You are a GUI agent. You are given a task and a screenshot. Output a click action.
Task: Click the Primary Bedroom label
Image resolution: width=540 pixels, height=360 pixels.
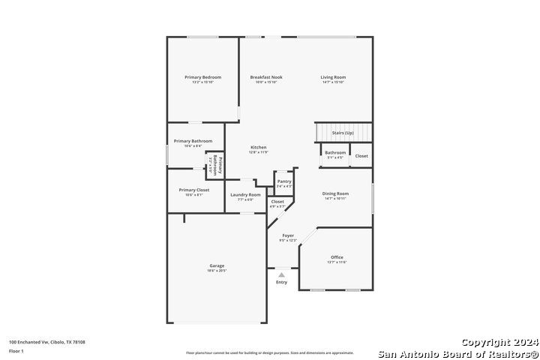click(202, 77)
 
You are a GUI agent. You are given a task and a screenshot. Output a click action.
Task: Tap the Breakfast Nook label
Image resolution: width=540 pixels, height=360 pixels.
click(266, 77)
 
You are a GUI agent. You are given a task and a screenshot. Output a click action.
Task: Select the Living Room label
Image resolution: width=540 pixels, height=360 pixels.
click(333, 77)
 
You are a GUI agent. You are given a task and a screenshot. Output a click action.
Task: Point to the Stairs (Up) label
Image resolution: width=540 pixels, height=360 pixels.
click(343, 133)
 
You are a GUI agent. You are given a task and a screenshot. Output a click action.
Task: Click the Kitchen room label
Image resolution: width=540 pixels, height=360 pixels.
click(258, 147)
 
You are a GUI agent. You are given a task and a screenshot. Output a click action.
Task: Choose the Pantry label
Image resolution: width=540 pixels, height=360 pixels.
click(284, 181)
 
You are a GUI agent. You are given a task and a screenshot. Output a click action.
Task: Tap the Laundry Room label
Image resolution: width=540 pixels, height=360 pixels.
click(246, 195)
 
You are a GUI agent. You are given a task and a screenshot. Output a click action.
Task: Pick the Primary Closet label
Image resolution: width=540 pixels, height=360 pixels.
click(194, 190)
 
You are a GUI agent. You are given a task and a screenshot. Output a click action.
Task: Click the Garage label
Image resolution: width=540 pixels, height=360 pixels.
click(217, 265)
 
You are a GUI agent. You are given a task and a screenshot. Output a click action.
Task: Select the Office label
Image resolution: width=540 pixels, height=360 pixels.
click(337, 257)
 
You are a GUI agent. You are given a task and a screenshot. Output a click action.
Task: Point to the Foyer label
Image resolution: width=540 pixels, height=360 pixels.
click(288, 235)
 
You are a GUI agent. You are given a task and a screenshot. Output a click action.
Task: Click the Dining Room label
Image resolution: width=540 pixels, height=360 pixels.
click(335, 193)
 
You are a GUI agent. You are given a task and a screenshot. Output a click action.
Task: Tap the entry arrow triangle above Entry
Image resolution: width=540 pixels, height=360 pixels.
click(281, 275)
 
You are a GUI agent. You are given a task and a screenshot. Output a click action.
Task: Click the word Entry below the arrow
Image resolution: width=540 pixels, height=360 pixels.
click(281, 283)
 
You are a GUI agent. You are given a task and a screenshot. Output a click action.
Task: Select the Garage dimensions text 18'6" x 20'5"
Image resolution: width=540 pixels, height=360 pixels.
click(217, 271)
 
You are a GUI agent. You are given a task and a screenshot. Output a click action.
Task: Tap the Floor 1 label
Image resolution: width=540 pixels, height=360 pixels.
click(16, 351)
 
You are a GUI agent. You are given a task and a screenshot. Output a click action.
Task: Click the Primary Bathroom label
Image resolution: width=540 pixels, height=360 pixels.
click(193, 141)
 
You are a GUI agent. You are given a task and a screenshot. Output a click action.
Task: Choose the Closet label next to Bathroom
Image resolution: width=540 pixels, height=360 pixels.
click(361, 156)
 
